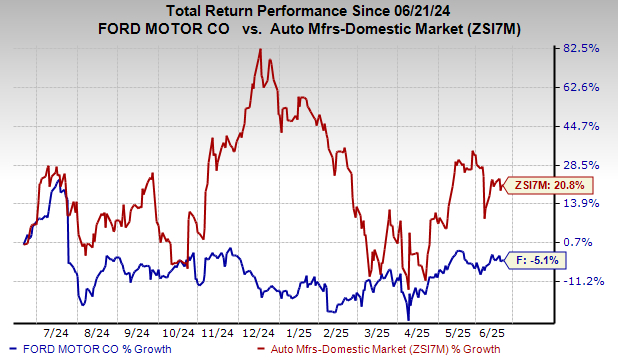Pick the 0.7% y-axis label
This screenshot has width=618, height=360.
click(x=583, y=242)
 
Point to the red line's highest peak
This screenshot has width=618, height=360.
click(x=260, y=49)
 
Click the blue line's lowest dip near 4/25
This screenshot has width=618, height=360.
click(x=408, y=318)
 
